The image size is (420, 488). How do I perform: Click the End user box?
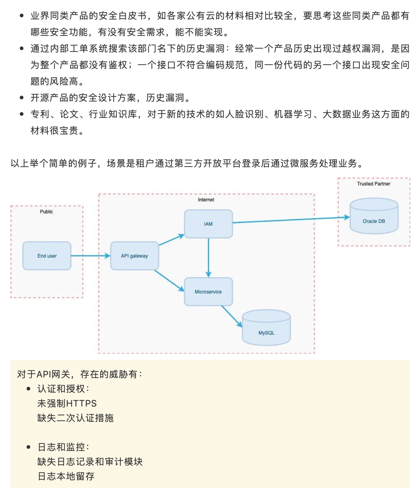pyautogui.click(x=47, y=256)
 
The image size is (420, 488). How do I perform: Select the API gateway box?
pyautogui.click(x=135, y=256)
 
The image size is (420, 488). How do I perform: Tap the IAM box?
pyautogui.click(x=208, y=224)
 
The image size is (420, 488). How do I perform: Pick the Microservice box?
pyautogui.click(x=208, y=292)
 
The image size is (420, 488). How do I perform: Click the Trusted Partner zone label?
pyautogui.click(x=373, y=184)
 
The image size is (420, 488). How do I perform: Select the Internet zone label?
pyautogui.click(x=206, y=200)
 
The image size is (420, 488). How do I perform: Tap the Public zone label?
pyautogui.click(x=46, y=212)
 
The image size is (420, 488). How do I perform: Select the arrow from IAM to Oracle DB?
pyautogui.click(x=291, y=220)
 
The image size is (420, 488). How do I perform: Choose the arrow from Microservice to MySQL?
pyautogui.click(x=232, y=316)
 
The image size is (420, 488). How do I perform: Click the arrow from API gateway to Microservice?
pyautogui.click(x=169, y=280)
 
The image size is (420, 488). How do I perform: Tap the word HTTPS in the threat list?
pyautogui.click(x=81, y=404)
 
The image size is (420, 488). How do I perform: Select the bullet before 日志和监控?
pyautogui.click(x=29, y=447)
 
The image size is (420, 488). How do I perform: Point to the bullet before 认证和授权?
pyautogui.click(x=29, y=389)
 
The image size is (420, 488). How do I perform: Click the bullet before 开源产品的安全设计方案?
pyautogui.click(x=22, y=98)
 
